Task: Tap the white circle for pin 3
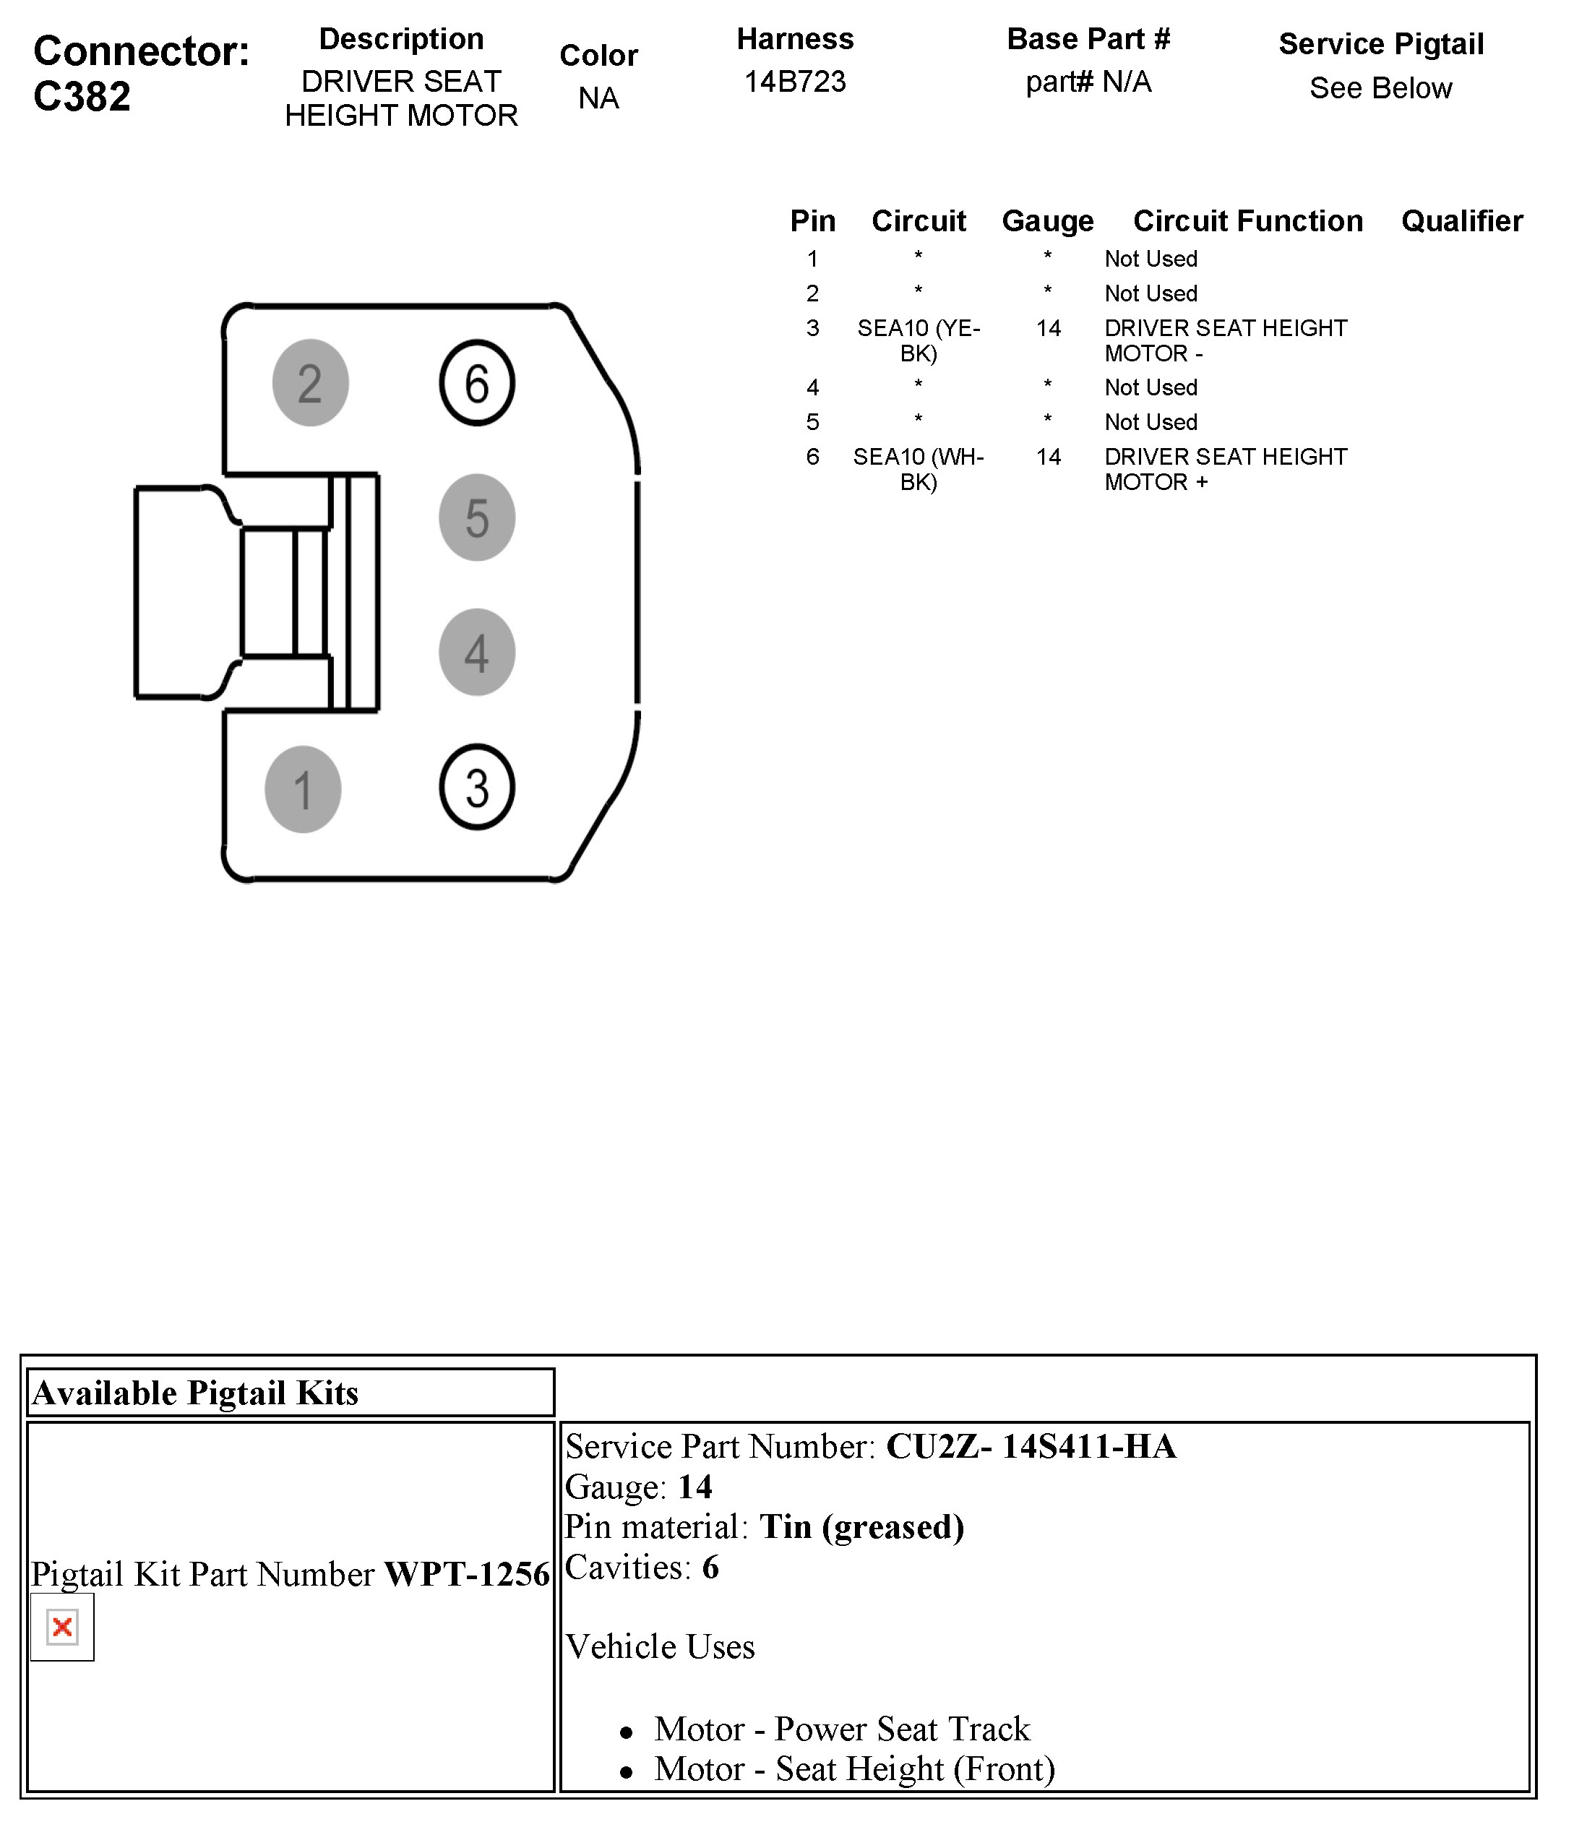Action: [476, 788]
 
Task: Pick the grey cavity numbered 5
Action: [476, 517]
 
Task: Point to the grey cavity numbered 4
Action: [476, 652]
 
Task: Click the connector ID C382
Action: [82, 96]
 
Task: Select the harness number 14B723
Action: [794, 82]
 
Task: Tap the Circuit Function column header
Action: [1247, 221]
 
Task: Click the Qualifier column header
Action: [1462, 221]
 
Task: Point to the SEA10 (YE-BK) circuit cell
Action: [918, 340]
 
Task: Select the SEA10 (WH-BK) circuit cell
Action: [918, 469]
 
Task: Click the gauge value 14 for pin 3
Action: [1048, 328]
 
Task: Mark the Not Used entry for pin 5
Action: [1151, 422]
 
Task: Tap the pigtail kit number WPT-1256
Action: [466, 1574]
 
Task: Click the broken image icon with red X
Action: [62, 1627]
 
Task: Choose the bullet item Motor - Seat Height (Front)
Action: [853, 1769]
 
